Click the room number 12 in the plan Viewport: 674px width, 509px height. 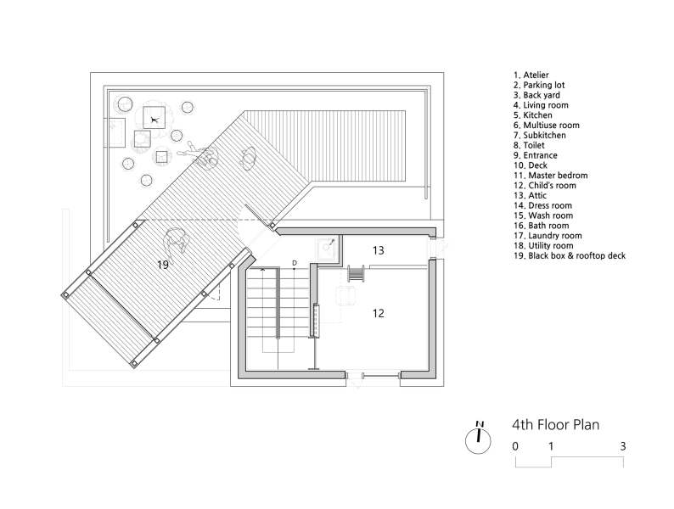coord(379,313)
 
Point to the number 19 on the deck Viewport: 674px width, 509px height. coord(164,265)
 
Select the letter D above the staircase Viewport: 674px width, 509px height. coord(294,263)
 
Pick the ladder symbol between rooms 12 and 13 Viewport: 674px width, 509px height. coord(357,275)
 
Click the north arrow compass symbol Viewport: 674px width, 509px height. coord(480,438)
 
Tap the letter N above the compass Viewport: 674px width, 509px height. coord(480,423)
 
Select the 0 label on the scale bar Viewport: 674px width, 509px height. coord(515,446)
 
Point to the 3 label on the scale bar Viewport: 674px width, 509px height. coord(623,446)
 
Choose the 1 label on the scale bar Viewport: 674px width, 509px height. coord(551,446)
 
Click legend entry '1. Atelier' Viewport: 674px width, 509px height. coord(536,76)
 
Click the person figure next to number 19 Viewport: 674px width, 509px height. coord(177,245)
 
